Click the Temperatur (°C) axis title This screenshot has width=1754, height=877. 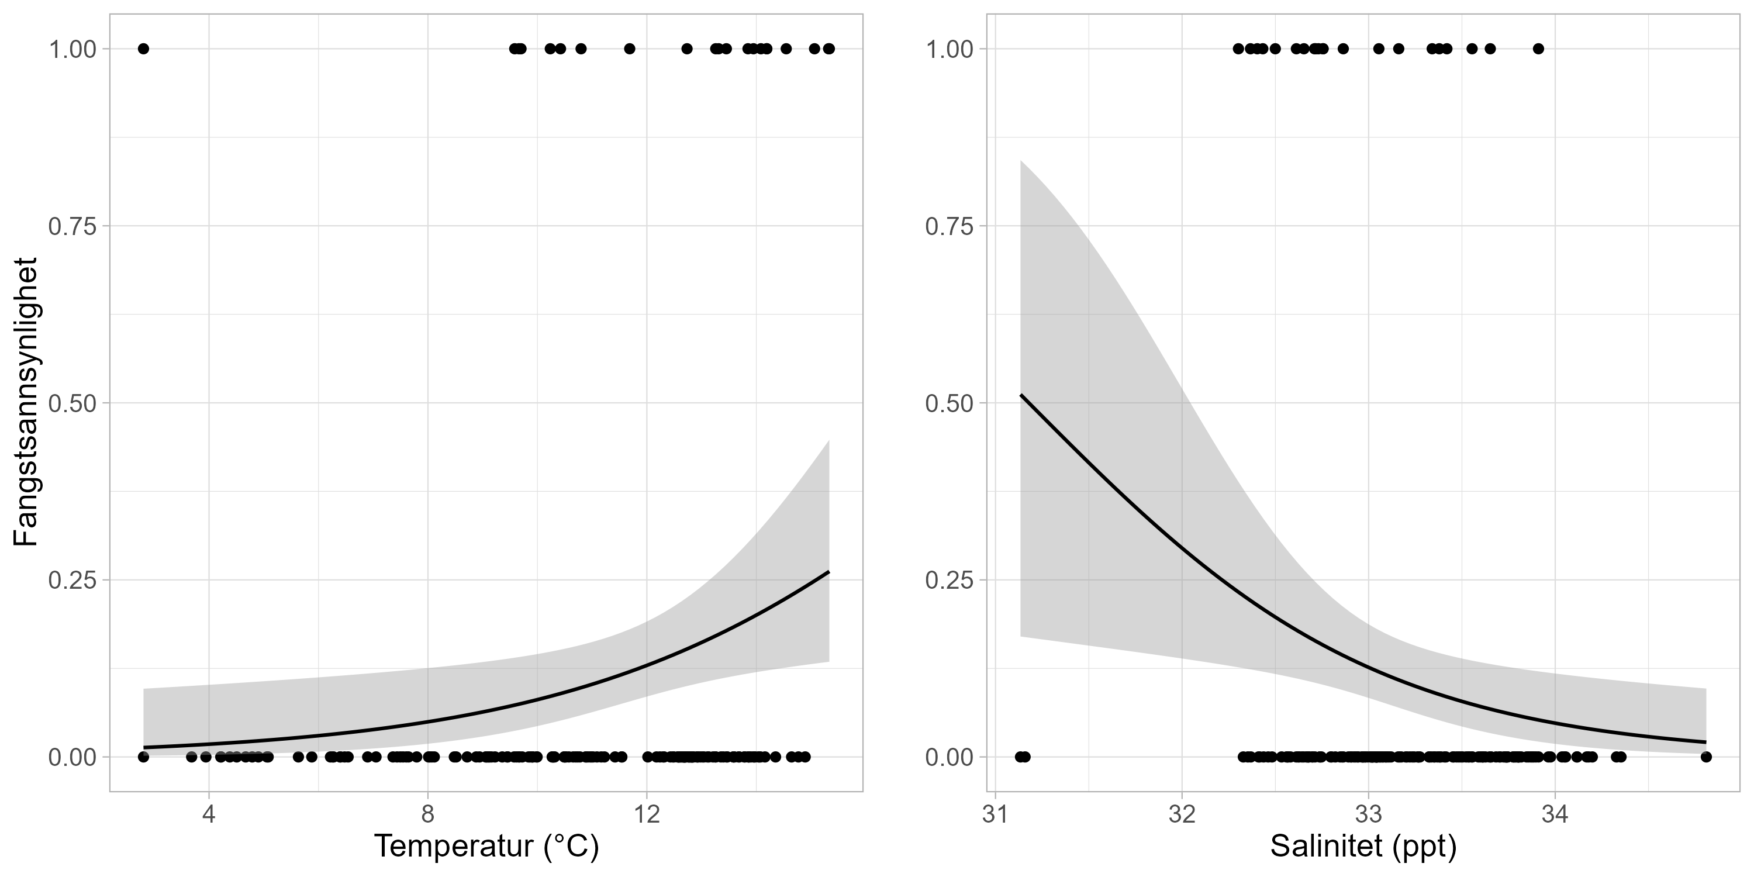tap(486, 847)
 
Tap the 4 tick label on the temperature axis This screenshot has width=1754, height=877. tap(209, 814)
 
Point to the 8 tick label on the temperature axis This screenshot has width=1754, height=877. tap(427, 814)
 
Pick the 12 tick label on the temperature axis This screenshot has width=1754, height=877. tap(647, 814)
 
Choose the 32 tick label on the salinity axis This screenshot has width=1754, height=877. tap(1182, 814)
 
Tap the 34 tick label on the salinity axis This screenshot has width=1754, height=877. tap(1555, 814)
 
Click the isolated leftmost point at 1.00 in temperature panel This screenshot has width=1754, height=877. tap(143, 49)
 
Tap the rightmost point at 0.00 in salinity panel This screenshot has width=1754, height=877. tap(1705, 757)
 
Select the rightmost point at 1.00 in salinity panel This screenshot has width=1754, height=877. tap(1538, 49)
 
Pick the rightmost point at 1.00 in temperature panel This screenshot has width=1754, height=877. tap(828, 49)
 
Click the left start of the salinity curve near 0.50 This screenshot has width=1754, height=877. tap(1021, 395)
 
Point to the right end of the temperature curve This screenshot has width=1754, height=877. tap(828, 572)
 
